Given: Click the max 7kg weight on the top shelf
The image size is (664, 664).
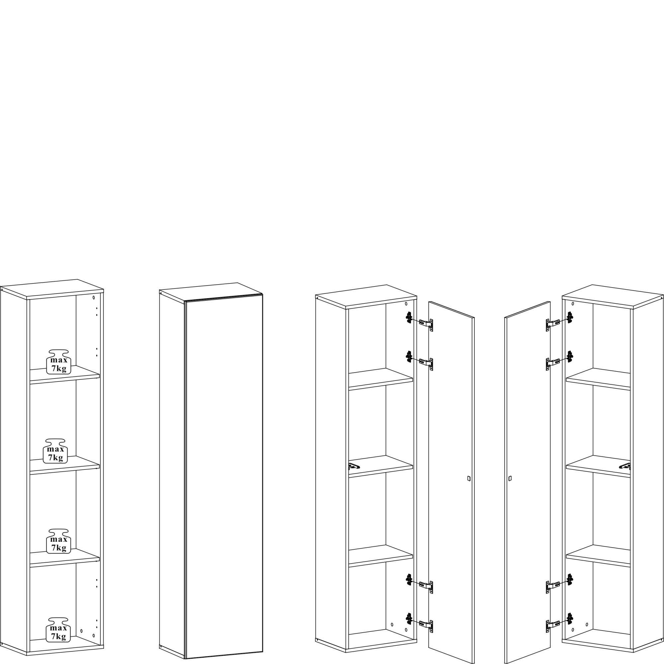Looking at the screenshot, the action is (59, 362).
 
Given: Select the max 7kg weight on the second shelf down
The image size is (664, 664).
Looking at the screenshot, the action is (55, 451).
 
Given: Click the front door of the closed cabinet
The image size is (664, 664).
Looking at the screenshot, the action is (224, 476).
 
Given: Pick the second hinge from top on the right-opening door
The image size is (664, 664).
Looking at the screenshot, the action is (420, 360).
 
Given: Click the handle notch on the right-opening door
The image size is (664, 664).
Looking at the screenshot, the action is (469, 478).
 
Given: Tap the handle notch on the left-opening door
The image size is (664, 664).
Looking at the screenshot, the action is (510, 478).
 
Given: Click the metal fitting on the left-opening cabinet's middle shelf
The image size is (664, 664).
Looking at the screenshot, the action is (625, 466).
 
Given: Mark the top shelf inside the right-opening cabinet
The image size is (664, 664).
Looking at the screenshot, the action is (381, 379).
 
